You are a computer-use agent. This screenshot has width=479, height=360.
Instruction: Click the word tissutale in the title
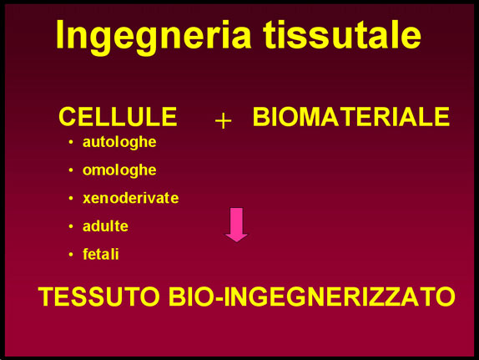click(343, 33)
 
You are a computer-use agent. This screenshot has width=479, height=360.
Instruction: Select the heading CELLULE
click(118, 117)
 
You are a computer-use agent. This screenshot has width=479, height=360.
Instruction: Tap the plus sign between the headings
click(224, 121)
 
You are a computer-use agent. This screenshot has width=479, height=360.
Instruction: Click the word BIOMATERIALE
click(351, 117)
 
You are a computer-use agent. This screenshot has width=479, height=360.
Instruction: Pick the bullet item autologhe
click(119, 143)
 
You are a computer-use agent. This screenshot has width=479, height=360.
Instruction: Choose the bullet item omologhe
click(119, 170)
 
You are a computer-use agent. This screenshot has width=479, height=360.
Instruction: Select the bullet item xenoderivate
click(131, 198)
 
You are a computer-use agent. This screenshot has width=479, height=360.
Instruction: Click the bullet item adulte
click(105, 226)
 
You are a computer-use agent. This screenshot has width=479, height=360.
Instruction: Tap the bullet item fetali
click(101, 254)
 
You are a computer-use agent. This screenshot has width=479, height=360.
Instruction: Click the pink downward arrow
click(236, 225)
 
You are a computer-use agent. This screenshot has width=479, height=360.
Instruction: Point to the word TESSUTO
click(99, 297)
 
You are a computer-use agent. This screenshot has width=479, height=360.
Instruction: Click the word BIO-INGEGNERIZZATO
click(312, 297)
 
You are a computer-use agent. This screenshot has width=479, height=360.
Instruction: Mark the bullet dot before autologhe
click(71, 142)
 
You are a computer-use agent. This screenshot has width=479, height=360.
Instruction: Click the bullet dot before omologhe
click(71, 170)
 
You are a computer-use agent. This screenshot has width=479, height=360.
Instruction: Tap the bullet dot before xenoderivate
click(71, 198)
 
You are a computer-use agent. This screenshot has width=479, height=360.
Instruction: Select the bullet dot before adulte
click(71, 226)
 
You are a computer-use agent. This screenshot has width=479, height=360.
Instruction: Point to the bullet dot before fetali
click(71, 254)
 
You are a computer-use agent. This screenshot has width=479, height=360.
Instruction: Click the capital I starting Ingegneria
click(60, 34)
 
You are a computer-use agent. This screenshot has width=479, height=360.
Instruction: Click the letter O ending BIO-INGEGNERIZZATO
click(445, 297)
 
